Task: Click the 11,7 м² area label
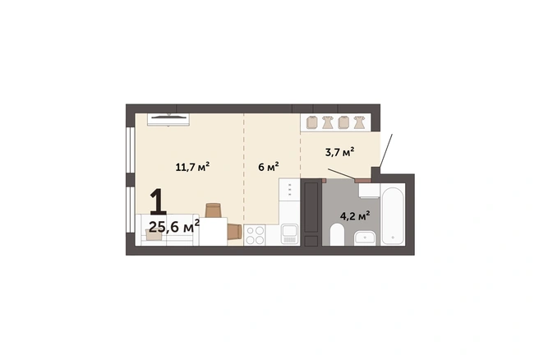pos(192,167)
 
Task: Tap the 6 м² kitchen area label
pos(269,167)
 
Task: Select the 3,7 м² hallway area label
pos(339,152)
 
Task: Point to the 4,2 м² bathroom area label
pos(355,216)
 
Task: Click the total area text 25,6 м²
pos(174,226)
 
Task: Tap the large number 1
pos(158,202)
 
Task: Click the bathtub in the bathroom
pos(393,215)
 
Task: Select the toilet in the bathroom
pos(337,234)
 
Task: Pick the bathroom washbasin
pos(365,238)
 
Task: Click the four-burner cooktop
pos(255,235)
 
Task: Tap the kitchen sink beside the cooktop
pos(289,233)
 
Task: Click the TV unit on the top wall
pos(168,120)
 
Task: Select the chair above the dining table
pos(213,210)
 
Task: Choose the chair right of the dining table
pos(235,231)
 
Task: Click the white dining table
pos(214,232)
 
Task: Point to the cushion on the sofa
pos(154,235)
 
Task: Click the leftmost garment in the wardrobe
pos(311,122)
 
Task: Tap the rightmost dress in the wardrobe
pos(360,122)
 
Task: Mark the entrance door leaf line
pos(386,150)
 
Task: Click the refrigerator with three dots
pos(289,190)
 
